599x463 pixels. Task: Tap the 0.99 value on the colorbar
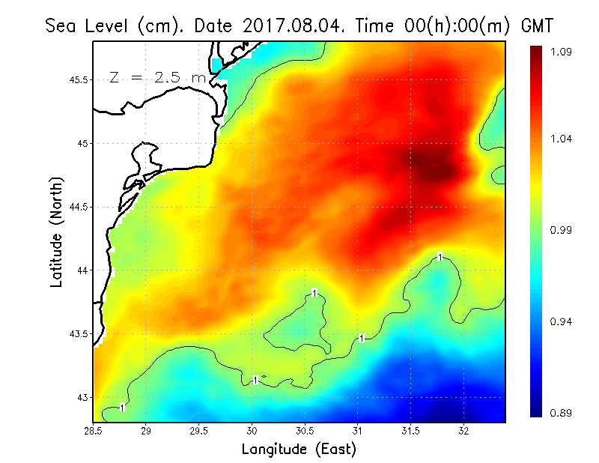[x=562, y=230]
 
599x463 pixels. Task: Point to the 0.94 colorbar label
[x=562, y=321]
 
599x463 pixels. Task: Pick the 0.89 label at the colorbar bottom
[x=562, y=413]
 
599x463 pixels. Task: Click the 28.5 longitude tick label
[x=94, y=432]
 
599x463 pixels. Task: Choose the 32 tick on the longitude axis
[x=464, y=432]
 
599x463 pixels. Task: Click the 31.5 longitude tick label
[x=411, y=432]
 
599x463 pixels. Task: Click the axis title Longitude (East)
[x=299, y=450]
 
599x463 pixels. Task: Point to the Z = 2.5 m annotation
[x=156, y=78]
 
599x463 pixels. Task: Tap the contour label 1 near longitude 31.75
[x=440, y=257]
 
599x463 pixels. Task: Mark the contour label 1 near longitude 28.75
[x=122, y=408]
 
